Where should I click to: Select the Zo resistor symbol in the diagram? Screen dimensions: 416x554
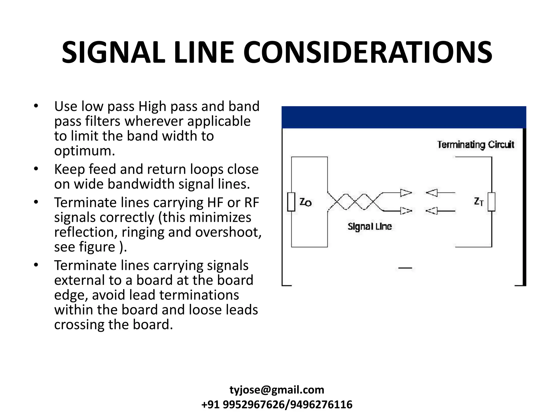291,202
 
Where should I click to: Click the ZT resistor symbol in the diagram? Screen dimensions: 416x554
492,202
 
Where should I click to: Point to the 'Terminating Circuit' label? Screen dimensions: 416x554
476,145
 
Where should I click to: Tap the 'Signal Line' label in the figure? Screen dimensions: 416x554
370,226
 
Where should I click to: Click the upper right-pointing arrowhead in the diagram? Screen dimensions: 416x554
406,193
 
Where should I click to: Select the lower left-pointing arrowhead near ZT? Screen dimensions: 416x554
431,211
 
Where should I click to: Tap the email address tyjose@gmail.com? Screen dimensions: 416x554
277,390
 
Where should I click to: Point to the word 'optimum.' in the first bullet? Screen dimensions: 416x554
84,151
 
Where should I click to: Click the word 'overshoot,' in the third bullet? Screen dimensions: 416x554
228,232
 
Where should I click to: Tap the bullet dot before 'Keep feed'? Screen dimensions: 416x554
36,169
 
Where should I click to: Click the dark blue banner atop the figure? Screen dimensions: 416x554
404,117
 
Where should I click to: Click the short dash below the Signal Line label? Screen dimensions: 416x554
405,268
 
